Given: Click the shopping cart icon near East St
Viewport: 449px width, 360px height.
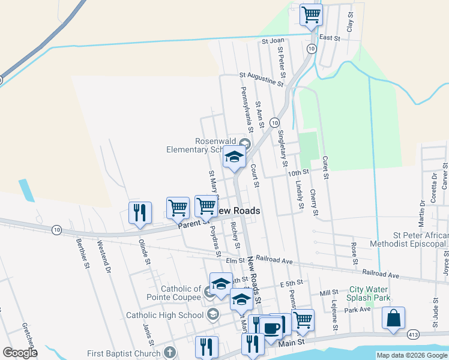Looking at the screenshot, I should click(x=311, y=14).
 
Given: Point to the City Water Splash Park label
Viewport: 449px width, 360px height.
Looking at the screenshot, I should click(x=369, y=293).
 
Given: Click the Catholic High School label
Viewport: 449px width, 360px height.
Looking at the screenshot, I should click(x=165, y=315).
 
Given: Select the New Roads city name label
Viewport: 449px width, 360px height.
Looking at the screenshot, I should click(x=238, y=211).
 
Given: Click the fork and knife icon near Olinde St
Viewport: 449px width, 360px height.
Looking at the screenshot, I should click(x=140, y=214).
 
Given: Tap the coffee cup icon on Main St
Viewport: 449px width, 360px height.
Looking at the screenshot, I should click(x=271, y=328).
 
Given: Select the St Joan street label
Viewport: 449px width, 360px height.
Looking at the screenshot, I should click(x=273, y=41).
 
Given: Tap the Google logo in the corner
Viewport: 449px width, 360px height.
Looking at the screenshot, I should click(x=20, y=353).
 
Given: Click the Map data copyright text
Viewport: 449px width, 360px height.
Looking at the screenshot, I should click(x=412, y=356).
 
